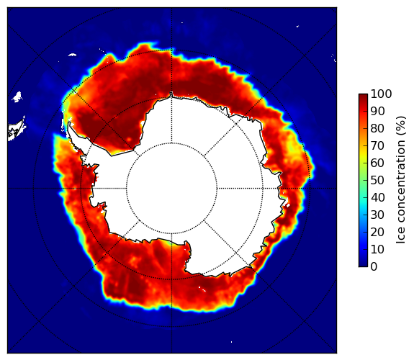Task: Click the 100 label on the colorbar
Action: (381, 94)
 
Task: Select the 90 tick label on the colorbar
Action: (377, 111)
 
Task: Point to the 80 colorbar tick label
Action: (377, 128)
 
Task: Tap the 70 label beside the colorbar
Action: (377, 145)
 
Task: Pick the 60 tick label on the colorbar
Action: (377, 163)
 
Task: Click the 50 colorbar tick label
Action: (377, 181)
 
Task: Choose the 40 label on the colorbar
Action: (377, 197)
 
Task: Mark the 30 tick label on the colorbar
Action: (377, 215)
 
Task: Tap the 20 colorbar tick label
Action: (377, 232)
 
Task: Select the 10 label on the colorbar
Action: (377, 249)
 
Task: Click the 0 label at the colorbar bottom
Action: (374, 267)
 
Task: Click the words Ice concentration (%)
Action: (401, 180)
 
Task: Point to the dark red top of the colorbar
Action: (363, 96)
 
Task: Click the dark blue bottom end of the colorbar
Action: (363, 265)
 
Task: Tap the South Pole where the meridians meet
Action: (171, 189)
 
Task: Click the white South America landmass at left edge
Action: (17, 131)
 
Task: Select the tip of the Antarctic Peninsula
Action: (69, 123)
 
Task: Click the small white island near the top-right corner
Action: (297, 26)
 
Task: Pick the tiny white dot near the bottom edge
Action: (232, 342)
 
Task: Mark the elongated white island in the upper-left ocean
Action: (72, 55)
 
